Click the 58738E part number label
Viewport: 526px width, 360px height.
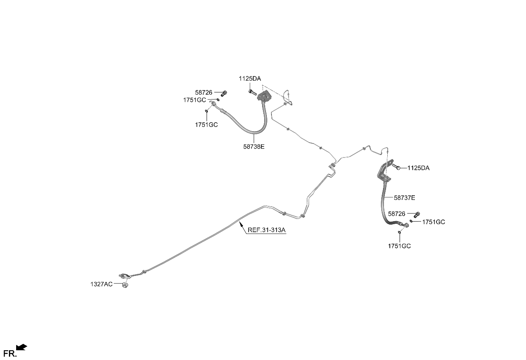(x=254, y=146)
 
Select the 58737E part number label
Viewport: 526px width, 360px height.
(x=404, y=198)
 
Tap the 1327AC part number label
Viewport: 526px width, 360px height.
(x=101, y=284)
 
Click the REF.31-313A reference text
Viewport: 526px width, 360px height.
(x=266, y=230)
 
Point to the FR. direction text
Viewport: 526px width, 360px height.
(x=10, y=354)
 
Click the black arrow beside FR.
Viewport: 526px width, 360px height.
(x=22, y=347)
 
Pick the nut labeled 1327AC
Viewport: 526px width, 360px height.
(x=125, y=285)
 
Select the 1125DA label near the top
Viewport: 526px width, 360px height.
(x=250, y=79)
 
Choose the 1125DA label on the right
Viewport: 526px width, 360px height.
(x=418, y=168)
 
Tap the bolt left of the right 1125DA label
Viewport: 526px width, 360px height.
(x=396, y=167)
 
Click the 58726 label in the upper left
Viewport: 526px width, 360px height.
(x=204, y=93)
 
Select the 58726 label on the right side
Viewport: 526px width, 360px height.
(x=397, y=214)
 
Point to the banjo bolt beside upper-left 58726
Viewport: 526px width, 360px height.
(x=224, y=93)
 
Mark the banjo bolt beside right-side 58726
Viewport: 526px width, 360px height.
(x=417, y=214)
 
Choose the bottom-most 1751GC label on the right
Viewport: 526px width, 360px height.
(x=400, y=246)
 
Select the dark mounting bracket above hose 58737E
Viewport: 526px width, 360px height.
(x=385, y=172)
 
